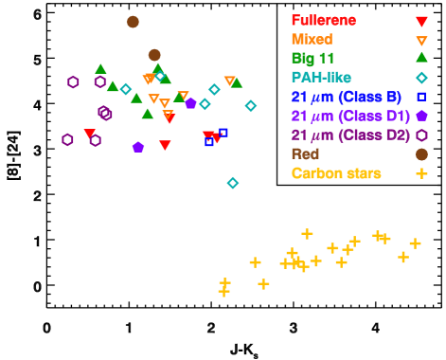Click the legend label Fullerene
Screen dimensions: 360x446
[x=324, y=20]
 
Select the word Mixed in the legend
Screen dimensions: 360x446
[x=312, y=40]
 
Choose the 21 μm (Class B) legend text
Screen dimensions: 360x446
[x=346, y=97]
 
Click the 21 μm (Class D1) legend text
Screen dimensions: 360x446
[x=350, y=116]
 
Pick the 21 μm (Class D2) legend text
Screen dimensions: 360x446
[x=350, y=135]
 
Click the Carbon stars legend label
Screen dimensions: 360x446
[x=336, y=173]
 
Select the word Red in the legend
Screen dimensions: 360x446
[x=305, y=153]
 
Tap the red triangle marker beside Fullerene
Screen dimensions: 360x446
[x=421, y=21]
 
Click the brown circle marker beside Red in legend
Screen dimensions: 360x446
[x=421, y=153]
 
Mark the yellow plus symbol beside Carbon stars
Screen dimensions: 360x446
[x=421, y=173]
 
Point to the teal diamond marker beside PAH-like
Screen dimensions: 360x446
[x=421, y=78]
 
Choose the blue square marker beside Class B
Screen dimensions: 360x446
[x=421, y=97]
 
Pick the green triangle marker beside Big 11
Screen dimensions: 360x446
[x=421, y=58]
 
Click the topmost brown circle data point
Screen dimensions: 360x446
[x=133, y=22]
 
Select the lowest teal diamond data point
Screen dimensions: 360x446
[x=233, y=183]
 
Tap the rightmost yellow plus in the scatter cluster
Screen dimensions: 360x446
[x=415, y=243]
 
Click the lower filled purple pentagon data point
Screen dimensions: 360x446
[x=138, y=147]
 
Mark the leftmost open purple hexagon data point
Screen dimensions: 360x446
[x=67, y=139]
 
